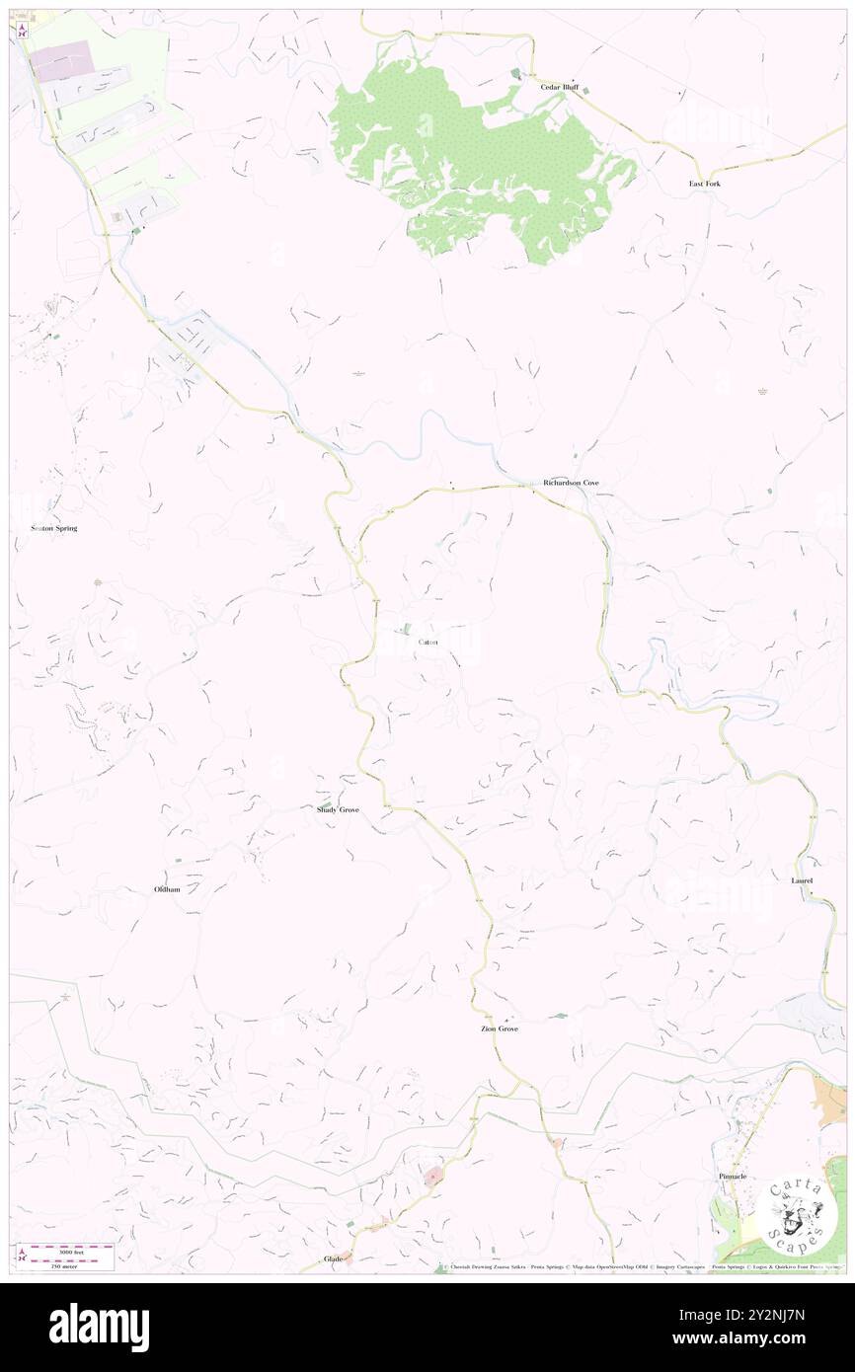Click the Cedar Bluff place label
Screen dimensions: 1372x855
click(x=558, y=87)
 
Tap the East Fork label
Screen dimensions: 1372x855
click(x=704, y=184)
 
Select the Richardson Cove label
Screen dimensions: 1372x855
click(x=571, y=483)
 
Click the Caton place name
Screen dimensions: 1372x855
click(x=427, y=642)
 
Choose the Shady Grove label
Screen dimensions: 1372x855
click(x=338, y=809)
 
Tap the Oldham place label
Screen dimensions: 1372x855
click(x=167, y=889)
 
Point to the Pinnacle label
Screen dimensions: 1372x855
click(x=732, y=1178)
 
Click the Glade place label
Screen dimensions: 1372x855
click(x=334, y=1259)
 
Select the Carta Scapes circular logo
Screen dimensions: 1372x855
click(x=792, y=1215)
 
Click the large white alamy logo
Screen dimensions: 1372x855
click(x=99, y=1327)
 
